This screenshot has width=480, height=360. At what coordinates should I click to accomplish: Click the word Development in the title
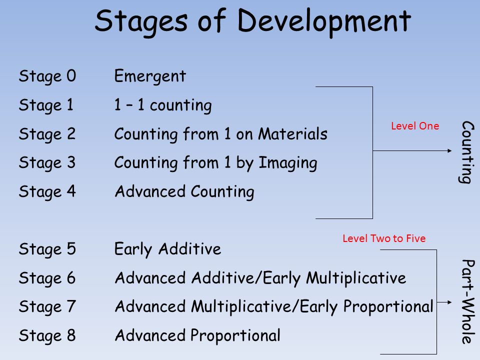pyautogui.click(x=324, y=22)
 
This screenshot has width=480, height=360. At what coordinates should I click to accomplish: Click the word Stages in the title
pyautogui.click(x=141, y=22)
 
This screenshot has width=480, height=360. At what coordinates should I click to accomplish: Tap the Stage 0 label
pyautogui.click(x=47, y=76)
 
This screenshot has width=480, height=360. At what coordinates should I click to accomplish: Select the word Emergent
pyautogui.click(x=150, y=76)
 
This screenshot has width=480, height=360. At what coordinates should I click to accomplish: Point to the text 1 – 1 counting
pyautogui.click(x=163, y=105)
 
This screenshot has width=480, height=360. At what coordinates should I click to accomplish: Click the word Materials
pyautogui.click(x=293, y=134)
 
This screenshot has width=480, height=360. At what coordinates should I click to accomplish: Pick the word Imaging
pyautogui.click(x=288, y=163)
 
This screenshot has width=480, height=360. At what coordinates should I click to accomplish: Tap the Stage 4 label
pyautogui.click(x=47, y=191)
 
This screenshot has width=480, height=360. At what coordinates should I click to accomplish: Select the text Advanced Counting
pyautogui.click(x=184, y=192)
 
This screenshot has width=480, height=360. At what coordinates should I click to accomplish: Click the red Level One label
pyautogui.click(x=415, y=126)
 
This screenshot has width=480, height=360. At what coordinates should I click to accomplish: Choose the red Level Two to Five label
pyautogui.click(x=384, y=238)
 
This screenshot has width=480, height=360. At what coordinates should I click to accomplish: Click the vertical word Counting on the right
pyautogui.click(x=467, y=152)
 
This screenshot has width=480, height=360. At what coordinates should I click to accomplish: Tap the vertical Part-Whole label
pyautogui.click(x=467, y=301)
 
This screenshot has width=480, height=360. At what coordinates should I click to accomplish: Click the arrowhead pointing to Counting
pyautogui.click(x=449, y=150)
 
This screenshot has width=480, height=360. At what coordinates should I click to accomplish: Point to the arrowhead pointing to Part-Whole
pyautogui.click(x=449, y=302)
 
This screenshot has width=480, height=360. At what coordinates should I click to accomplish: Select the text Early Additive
pyautogui.click(x=168, y=249)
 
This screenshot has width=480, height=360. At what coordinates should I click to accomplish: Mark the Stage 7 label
pyautogui.click(x=47, y=306)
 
